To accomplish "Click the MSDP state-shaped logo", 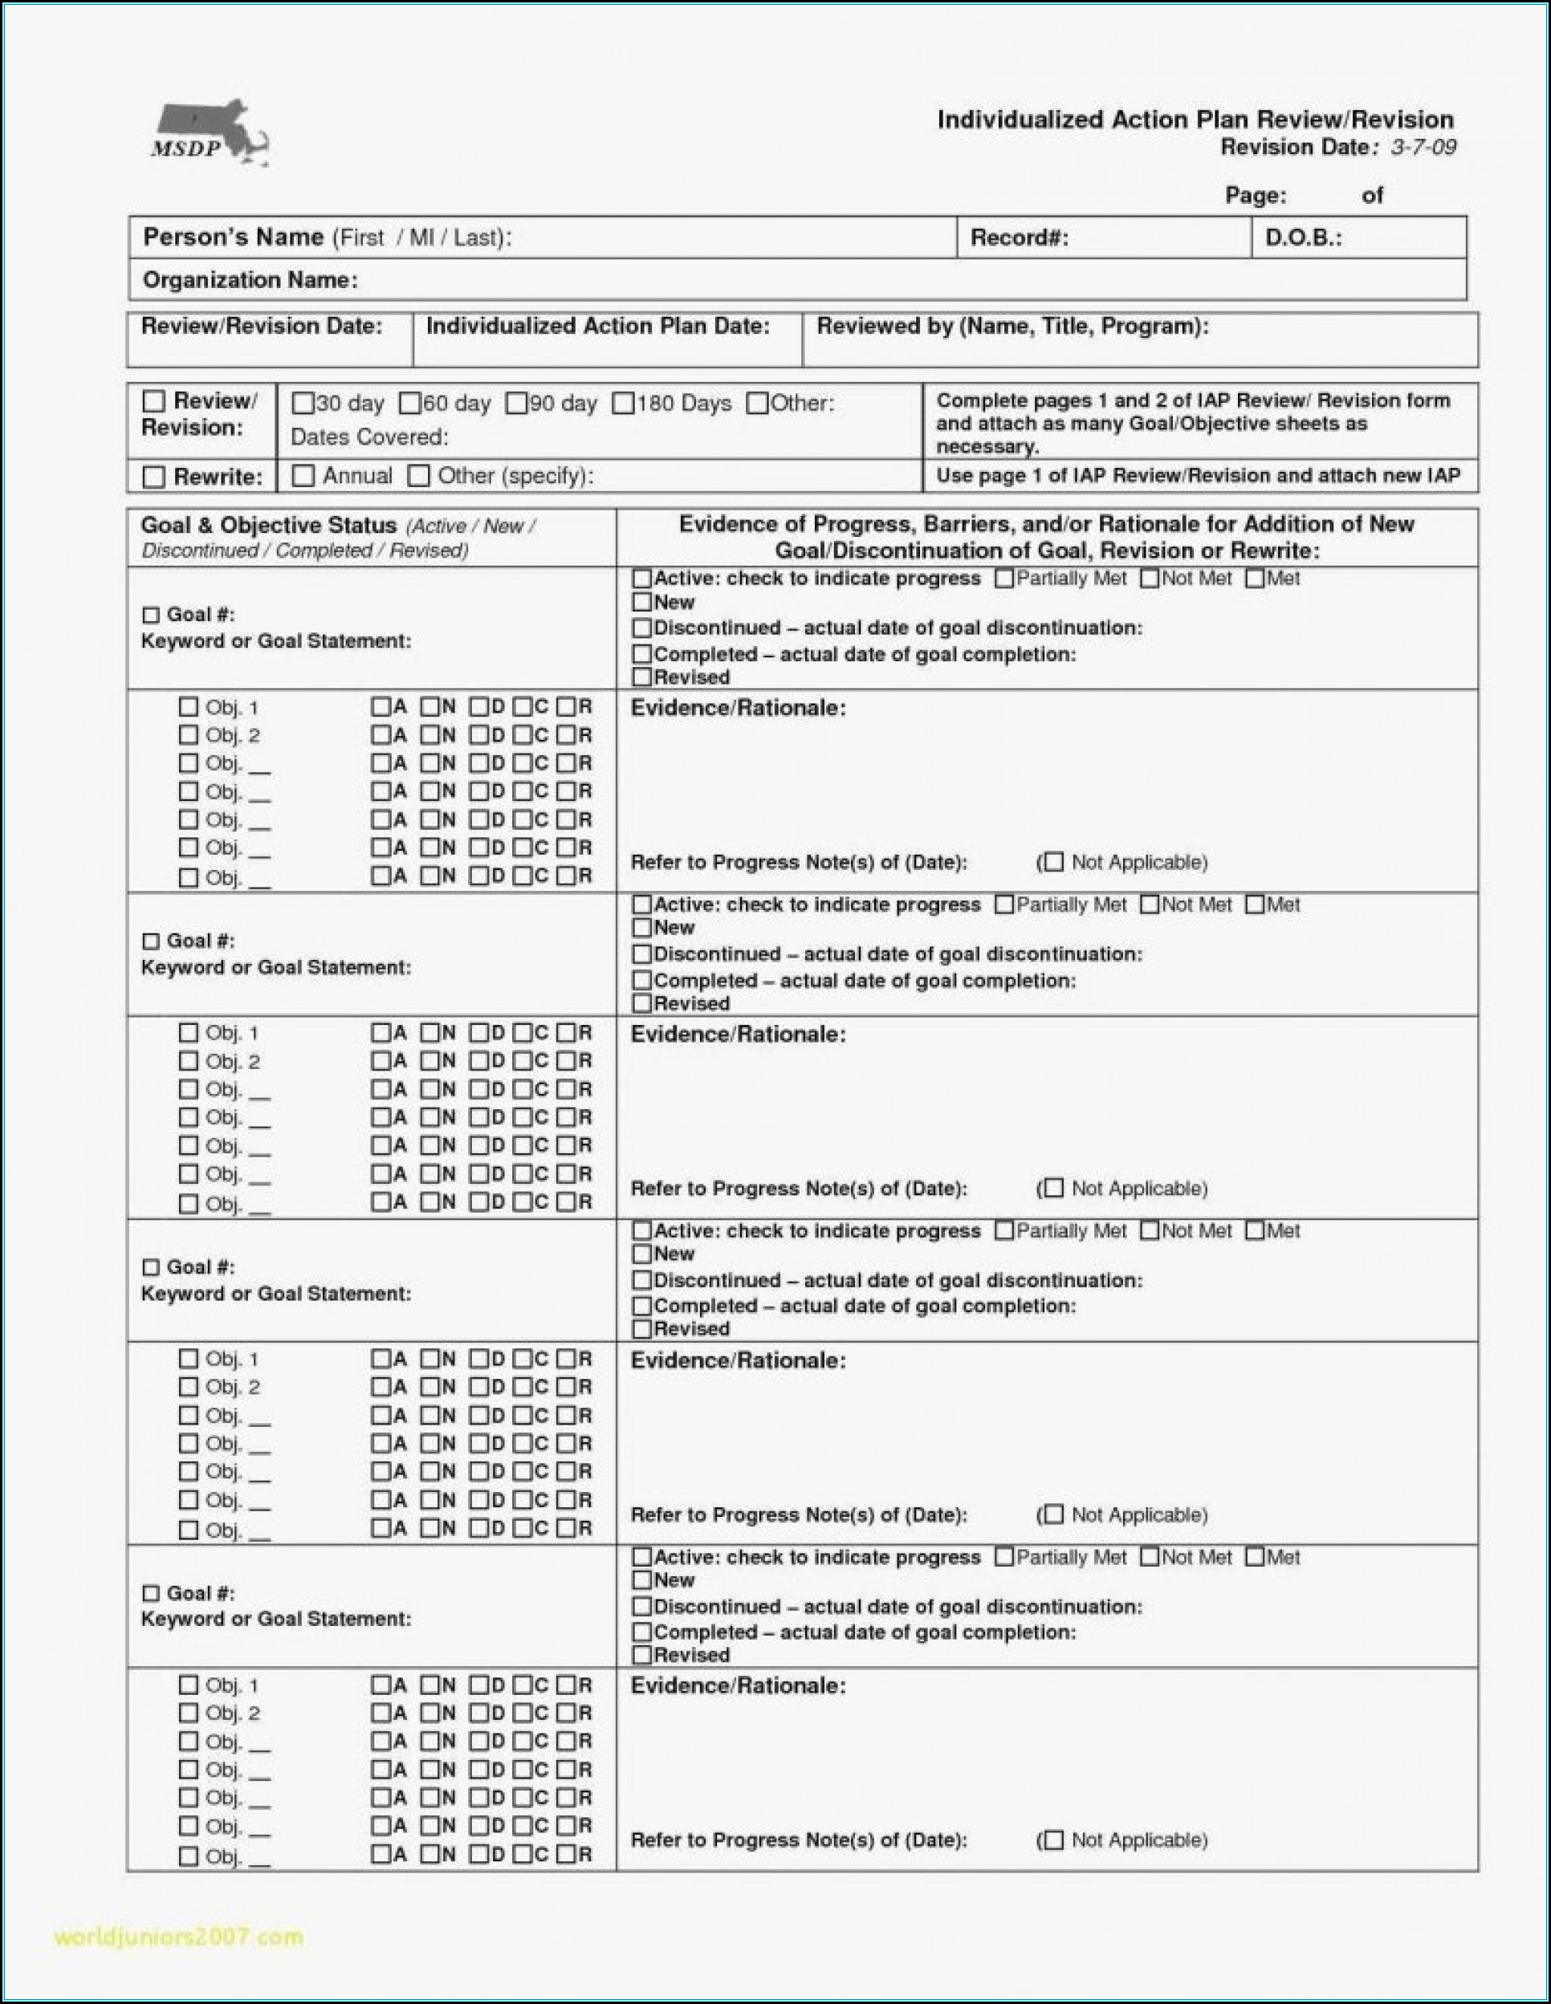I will click(210, 134).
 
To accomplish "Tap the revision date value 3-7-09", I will click(1423, 148).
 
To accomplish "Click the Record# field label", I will click(1019, 238).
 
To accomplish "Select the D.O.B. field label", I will click(1303, 238).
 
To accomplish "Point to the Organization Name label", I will click(250, 281).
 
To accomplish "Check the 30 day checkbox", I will click(302, 404).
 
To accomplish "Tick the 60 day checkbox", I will click(410, 404).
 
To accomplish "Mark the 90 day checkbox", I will click(517, 404).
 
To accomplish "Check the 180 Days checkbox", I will click(623, 404).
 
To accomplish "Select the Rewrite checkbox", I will click(154, 478).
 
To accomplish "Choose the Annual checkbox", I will click(303, 476).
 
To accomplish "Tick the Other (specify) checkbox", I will click(418, 476).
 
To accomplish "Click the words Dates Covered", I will click(369, 437).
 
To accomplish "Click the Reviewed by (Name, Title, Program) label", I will click(1012, 327).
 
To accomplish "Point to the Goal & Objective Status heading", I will click(268, 526).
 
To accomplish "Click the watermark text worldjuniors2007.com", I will click(179, 1937).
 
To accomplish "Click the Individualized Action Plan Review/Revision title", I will click(1195, 120).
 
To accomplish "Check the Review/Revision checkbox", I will click(154, 402).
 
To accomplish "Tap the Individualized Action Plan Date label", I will click(597, 327).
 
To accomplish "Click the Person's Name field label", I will click(326, 238).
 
